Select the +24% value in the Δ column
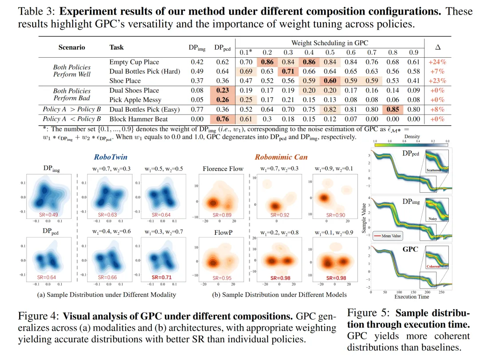437,62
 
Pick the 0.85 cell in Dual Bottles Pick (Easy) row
392,109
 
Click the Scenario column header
71,47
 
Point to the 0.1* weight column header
247,52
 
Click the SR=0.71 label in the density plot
161,278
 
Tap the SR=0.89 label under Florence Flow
222,215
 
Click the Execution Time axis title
412,297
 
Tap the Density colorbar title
412,137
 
